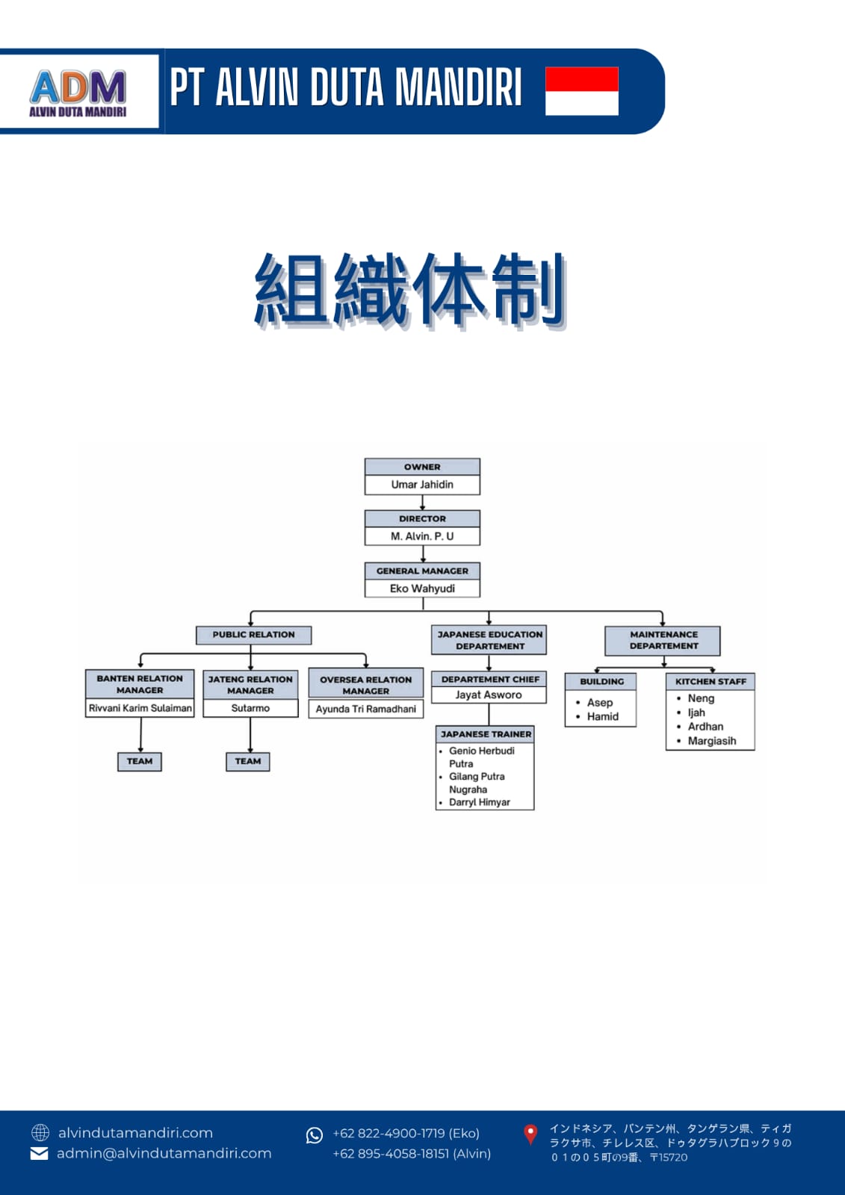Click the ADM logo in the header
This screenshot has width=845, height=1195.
click(78, 93)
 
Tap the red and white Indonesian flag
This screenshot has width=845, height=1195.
click(582, 91)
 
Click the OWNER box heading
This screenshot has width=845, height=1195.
click(422, 467)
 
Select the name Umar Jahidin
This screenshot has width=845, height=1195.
click(422, 485)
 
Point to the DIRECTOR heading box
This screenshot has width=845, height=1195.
click(422, 518)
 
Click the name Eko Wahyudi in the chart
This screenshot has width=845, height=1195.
click(422, 589)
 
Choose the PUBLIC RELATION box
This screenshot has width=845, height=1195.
click(253, 635)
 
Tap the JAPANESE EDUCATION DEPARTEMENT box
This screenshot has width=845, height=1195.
click(489, 640)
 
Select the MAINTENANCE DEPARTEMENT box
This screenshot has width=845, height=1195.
click(663, 641)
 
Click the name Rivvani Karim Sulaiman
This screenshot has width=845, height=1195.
click(140, 708)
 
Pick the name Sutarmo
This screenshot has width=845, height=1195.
click(250, 708)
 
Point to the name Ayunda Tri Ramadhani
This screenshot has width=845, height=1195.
click(365, 709)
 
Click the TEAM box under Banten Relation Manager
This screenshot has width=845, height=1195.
click(139, 761)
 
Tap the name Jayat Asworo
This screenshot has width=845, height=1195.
click(489, 695)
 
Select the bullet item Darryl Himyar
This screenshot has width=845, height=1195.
click(480, 802)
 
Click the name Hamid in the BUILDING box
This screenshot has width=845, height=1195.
click(603, 716)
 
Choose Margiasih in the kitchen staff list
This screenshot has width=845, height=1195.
click(712, 741)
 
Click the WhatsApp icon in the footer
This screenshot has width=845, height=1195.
click(315, 1135)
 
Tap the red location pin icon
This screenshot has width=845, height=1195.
click(530, 1135)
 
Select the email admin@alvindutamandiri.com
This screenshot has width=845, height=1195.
click(164, 1153)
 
